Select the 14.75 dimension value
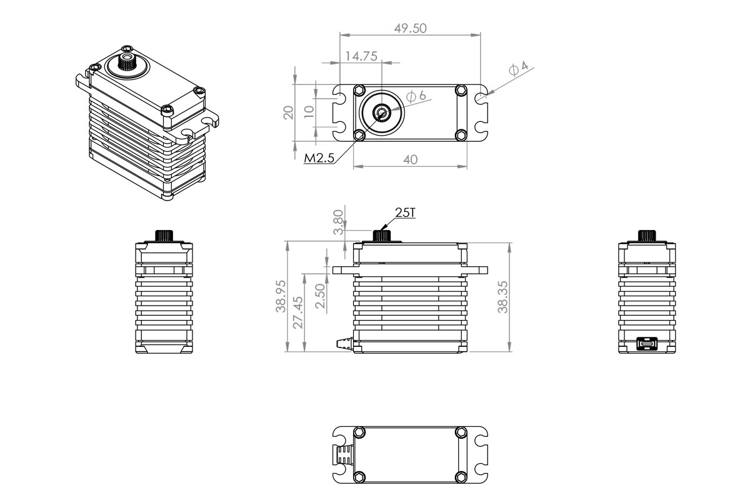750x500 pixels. click(361, 56)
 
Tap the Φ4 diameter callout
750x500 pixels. click(518, 69)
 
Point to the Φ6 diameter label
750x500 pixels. click(416, 96)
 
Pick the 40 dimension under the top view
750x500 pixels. click(410, 159)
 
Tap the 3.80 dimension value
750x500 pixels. click(337, 222)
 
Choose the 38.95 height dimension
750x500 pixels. click(281, 297)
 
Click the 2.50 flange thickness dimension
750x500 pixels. click(320, 295)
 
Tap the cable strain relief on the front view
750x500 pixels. click(344, 343)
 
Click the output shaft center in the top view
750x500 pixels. click(381, 112)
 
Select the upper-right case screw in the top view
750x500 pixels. click(461, 90)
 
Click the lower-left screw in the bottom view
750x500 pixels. click(359, 477)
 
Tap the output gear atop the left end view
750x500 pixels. click(163, 236)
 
